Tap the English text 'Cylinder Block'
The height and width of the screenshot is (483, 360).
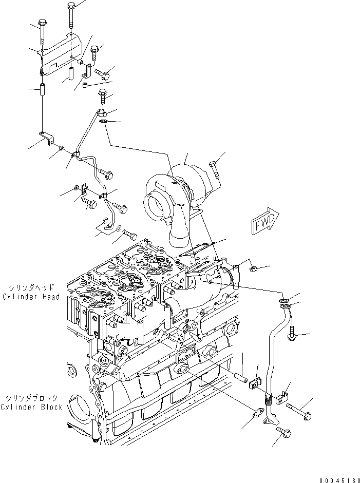(31, 407)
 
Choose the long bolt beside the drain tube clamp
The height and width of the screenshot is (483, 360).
(300, 410)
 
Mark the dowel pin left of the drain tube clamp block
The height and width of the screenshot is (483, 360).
(241, 378)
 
